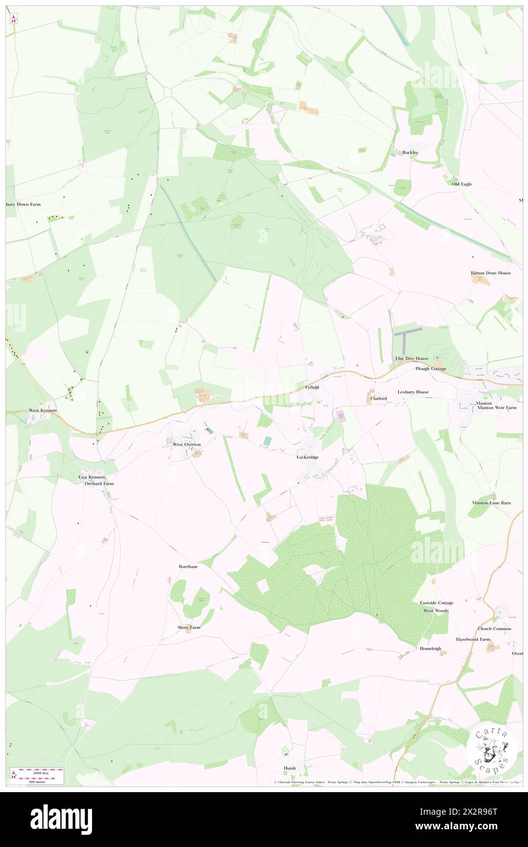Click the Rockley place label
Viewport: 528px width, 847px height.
point(410,152)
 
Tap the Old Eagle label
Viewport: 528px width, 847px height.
point(462,183)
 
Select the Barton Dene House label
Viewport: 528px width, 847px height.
point(490,273)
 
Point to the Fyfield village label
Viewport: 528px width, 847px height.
point(312,387)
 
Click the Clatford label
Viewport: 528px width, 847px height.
point(379,399)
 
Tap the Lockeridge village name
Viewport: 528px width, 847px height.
point(307,457)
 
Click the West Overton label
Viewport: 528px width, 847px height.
point(187,444)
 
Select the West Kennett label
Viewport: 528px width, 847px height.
point(43,411)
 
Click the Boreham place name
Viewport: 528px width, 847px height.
point(188,566)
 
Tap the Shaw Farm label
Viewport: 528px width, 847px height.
point(188,627)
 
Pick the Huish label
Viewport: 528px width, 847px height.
point(289,768)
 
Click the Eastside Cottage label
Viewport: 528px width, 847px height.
point(436,603)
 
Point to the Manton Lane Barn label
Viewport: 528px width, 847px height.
point(491,503)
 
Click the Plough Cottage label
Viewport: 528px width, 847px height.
point(430,369)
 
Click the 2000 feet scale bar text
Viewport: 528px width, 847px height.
point(38,771)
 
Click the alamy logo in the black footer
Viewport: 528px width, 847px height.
point(61,820)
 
